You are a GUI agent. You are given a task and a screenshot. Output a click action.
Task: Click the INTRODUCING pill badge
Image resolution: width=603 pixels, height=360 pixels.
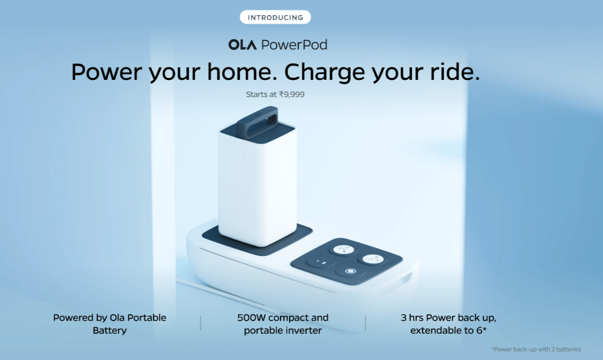275,17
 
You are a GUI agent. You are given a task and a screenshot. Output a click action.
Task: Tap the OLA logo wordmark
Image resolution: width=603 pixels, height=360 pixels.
242,45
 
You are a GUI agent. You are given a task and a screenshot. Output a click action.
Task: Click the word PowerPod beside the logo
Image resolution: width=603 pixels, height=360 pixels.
294,45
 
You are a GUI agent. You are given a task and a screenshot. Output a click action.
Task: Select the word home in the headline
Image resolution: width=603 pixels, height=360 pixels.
242,71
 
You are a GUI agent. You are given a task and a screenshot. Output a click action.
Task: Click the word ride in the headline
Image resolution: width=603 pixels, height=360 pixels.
455,71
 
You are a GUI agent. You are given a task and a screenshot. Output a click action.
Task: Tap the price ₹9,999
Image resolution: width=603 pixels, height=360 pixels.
292,94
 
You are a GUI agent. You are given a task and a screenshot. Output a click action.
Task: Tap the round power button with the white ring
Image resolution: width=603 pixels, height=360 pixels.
351,272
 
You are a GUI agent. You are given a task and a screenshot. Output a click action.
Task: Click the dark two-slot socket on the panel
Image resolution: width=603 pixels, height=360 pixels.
320,262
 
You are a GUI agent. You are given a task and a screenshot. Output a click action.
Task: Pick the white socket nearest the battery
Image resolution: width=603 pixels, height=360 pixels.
343,249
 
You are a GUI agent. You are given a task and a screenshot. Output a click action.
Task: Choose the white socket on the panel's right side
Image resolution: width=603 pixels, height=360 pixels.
373,259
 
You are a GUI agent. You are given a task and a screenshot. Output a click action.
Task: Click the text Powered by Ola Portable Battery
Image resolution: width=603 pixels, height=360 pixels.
110,324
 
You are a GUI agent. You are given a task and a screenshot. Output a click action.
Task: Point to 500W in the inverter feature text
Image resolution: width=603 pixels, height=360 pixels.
251,317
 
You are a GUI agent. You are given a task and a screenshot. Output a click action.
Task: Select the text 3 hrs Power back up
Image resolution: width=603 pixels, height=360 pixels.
449,317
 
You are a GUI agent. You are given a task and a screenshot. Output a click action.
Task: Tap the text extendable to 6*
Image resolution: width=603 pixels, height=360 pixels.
449,331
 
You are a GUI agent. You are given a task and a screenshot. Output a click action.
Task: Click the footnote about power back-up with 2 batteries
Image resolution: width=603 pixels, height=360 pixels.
536,350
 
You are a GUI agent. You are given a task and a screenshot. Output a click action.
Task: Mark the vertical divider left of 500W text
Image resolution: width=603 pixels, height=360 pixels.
201,323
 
